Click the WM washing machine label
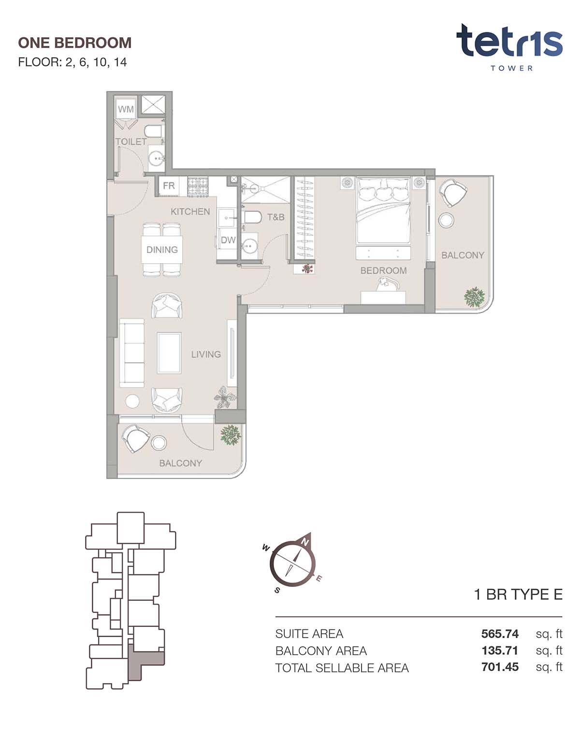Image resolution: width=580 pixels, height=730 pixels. (125, 109)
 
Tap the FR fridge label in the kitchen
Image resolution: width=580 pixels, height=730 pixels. (169, 186)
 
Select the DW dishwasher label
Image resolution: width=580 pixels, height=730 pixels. (228, 240)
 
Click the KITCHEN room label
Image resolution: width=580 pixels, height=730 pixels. (190, 211)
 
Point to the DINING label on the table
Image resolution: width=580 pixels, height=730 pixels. (162, 250)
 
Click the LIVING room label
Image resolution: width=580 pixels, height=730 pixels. (206, 354)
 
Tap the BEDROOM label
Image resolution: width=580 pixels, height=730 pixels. (383, 270)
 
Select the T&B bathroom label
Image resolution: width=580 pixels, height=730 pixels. (275, 217)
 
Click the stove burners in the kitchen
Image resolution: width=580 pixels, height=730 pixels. (198, 186)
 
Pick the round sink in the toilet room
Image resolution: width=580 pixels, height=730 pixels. (157, 158)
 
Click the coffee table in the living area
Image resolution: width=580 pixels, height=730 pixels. (169, 353)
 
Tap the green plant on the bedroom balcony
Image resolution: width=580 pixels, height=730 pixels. (475, 297)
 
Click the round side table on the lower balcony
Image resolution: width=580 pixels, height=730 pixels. (159, 443)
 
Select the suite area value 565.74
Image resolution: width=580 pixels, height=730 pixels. (500, 633)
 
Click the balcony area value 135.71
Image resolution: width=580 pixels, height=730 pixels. (500, 650)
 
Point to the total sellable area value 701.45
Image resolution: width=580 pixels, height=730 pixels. (500, 667)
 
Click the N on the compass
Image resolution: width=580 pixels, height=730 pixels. (305, 542)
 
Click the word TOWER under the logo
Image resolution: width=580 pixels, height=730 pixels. (511, 68)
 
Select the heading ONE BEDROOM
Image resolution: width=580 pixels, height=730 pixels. (74, 43)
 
